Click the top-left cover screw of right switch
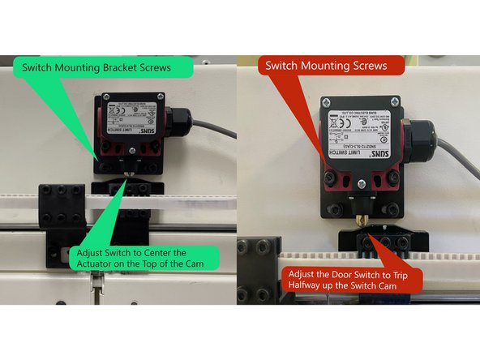[327, 104]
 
